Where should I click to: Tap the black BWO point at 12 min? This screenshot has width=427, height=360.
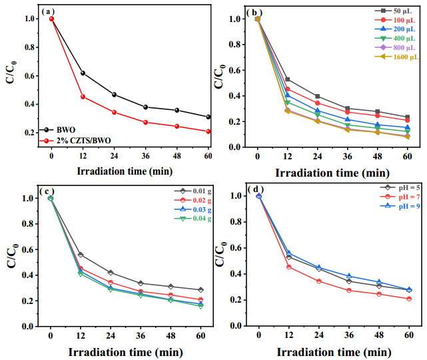point(83,73)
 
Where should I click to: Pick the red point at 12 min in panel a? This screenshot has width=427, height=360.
point(83,97)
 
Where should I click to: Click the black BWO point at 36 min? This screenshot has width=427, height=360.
point(145,107)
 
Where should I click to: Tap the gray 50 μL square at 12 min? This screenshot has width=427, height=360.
point(287,79)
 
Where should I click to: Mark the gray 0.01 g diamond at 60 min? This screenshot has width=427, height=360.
point(201,290)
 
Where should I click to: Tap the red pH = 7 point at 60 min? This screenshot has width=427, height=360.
point(409,299)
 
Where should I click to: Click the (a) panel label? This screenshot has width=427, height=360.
point(48,12)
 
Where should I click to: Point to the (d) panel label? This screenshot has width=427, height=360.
point(256,189)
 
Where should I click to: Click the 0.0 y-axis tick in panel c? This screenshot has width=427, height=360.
point(28,326)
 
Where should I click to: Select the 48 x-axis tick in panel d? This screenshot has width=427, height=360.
point(379,335)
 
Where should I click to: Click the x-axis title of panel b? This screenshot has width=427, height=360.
point(332,173)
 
